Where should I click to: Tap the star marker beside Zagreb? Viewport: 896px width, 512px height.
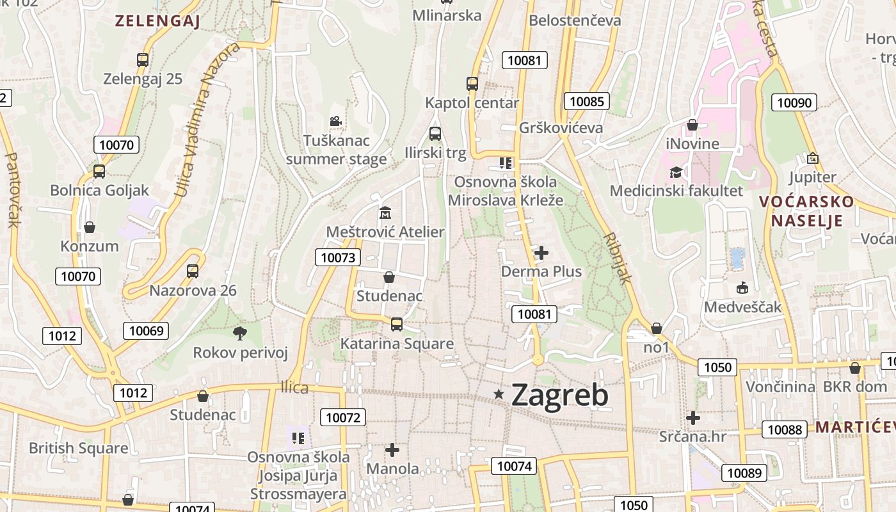[x=499, y=394]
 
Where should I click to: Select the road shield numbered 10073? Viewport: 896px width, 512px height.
[x=338, y=257]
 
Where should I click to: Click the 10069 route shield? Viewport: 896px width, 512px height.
[x=146, y=330]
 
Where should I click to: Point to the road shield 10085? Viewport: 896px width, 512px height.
[x=586, y=101]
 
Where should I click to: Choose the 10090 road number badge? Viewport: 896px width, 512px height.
[x=794, y=102]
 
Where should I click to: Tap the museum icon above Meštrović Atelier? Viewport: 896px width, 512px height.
[x=385, y=212]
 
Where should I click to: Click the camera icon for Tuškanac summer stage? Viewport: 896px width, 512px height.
[x=335, y=121]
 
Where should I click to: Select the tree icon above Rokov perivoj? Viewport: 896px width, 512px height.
[x=240, y=333]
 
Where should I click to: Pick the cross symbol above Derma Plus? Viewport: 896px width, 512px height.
[x=541, y=253]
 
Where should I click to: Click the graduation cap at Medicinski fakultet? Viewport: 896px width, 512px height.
[x=676, y=172]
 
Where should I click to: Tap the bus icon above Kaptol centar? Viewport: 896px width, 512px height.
[x=472, y=83]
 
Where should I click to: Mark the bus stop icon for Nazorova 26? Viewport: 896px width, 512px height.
[x=193, y=271]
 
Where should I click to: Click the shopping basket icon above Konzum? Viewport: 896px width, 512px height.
[x=90, y=227]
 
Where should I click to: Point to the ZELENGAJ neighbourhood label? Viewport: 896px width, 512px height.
[x=157, y=20]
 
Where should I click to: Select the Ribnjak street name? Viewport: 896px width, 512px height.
[x=618, y=258]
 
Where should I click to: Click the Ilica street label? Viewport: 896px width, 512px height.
[x=294, y=388]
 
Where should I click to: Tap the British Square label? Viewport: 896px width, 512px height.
[x=78, y=448]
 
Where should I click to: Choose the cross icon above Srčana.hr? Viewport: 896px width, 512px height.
[x=692, y=418]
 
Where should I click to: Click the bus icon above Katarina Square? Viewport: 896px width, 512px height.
[x=397, y=324]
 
